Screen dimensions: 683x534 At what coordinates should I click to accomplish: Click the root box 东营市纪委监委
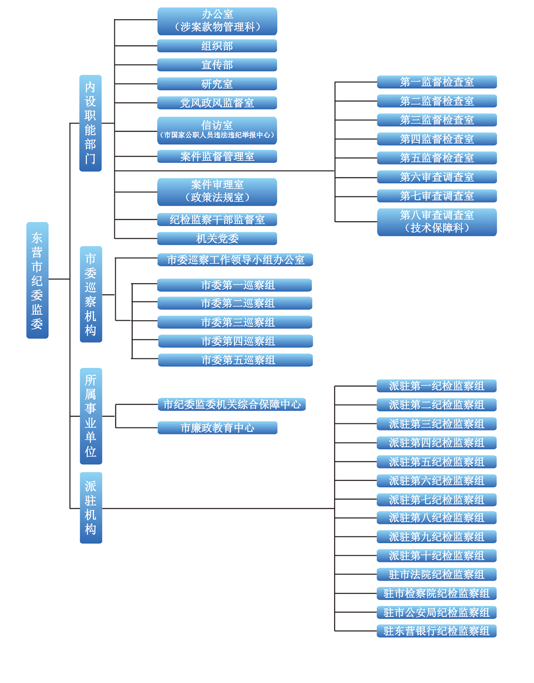tap(37, 280)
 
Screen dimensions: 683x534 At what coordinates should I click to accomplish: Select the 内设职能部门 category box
tap(90, 123)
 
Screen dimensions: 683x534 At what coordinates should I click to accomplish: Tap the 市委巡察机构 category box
tap(91, 294)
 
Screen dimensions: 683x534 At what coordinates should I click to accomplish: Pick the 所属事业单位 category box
tap(91, 416)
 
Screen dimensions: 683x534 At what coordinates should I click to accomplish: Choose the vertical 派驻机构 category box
tap(91, 508)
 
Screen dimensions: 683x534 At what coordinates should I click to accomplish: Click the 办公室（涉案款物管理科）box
tap(217, 21)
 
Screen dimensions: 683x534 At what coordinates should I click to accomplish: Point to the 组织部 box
tap(217, 46)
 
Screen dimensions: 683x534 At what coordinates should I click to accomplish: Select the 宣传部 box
tap(217, 65)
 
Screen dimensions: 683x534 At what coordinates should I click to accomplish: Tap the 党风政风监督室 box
tap(217, 103)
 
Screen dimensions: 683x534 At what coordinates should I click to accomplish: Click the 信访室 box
tap(217, 130)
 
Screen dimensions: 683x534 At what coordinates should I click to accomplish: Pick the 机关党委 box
tap(217, 239)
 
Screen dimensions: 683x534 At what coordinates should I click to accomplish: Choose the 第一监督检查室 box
tap(437, 82)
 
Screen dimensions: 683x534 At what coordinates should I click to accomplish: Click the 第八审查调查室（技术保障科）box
tap(437, 222)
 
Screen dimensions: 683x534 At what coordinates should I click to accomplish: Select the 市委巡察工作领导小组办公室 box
tap(235, 260)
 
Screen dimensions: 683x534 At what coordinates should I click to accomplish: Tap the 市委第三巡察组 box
tap(235, 322)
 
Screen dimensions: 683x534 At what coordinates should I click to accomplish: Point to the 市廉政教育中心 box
tap(217, 428)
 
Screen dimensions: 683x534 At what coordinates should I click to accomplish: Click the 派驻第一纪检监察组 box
tap(437, 386)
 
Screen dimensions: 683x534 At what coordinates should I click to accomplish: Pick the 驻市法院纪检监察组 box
tap(437, 574)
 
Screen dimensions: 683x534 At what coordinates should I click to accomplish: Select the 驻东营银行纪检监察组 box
tap(437, 631)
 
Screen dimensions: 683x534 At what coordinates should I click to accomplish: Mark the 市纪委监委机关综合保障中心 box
tap(232, 404)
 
